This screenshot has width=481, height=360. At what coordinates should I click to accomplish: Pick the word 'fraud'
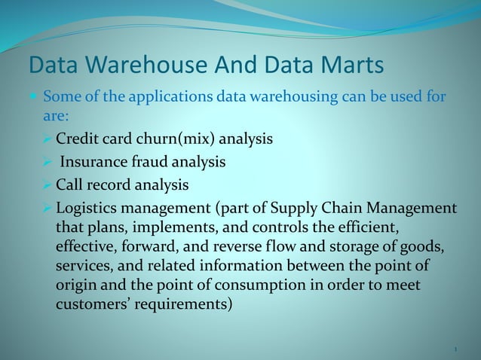click(150, 162)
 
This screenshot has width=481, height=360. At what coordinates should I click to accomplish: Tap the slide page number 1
click(456, 349)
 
